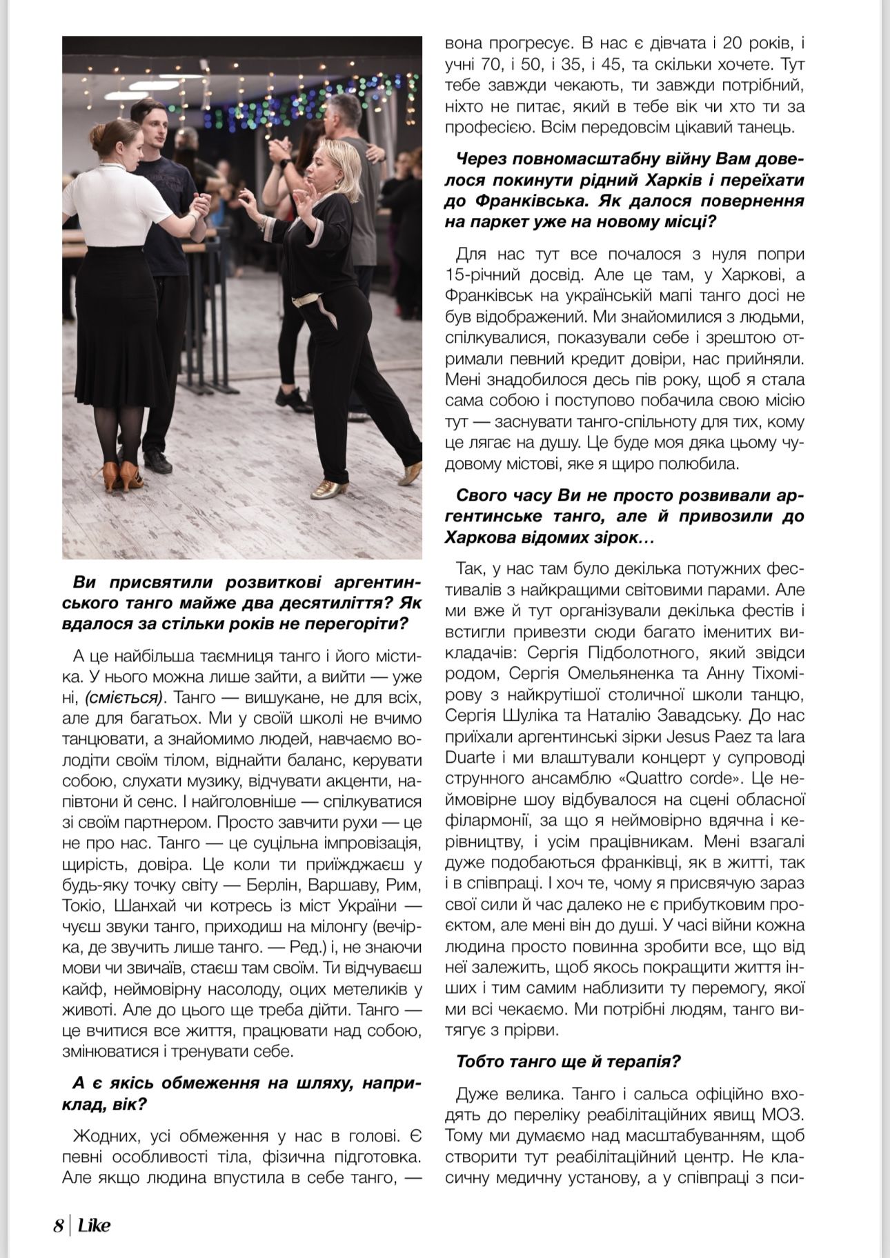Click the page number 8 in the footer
tap(59, 1226)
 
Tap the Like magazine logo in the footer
tap(94, 1226)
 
